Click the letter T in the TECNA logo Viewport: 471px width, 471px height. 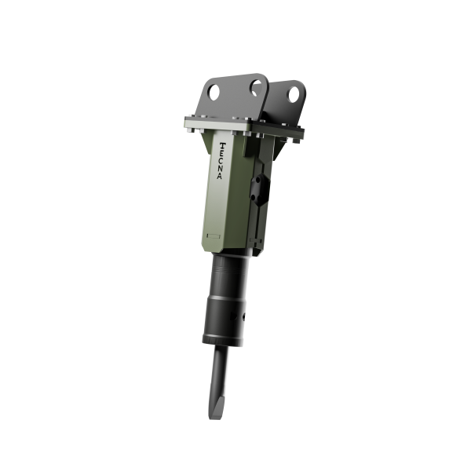(223, 146)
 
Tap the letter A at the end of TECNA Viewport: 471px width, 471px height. (220, 177)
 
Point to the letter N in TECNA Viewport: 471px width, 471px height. (221, 169)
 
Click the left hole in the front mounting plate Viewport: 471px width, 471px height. (214, 93)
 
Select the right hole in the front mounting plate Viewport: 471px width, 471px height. (256, 87)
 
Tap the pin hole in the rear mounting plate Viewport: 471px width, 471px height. (294, 94)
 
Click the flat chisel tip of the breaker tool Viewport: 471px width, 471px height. (215, 408)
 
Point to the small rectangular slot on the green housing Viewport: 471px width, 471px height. (214, 236)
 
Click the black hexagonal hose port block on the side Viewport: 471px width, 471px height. (260, 189)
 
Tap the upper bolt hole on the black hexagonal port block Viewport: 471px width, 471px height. (257, 181)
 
